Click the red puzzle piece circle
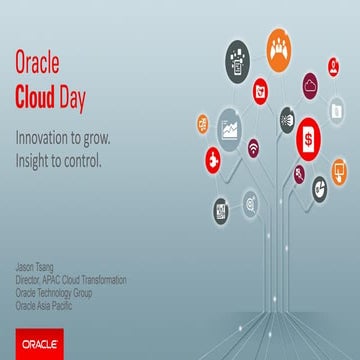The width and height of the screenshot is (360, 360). coord(212,160)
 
